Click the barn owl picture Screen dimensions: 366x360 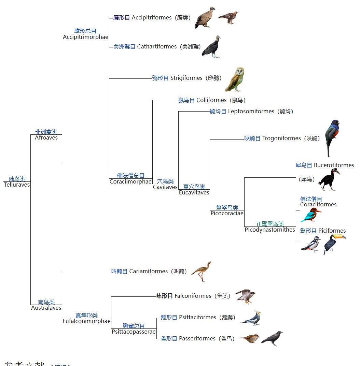235,80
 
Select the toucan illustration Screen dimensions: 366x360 333,243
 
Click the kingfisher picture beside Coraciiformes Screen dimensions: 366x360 311,215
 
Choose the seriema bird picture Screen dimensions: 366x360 202,272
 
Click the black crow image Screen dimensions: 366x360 272,338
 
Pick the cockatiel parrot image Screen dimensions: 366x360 251,318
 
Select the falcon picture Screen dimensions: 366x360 245,296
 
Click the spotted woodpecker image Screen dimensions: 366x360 311,244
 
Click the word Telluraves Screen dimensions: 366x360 17,185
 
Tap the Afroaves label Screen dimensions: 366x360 46,138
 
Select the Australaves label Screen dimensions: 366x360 46,308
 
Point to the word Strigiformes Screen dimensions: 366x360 186,78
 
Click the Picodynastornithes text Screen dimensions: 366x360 270,230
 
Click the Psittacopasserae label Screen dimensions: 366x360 134,332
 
